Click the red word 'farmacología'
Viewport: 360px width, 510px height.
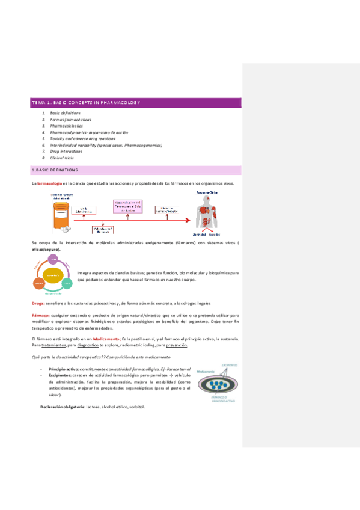click(x=49, y=183)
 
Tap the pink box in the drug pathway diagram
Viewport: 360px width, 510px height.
click(x=127, y=207)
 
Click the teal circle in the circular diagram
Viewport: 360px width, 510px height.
click(x=67, y=282)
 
